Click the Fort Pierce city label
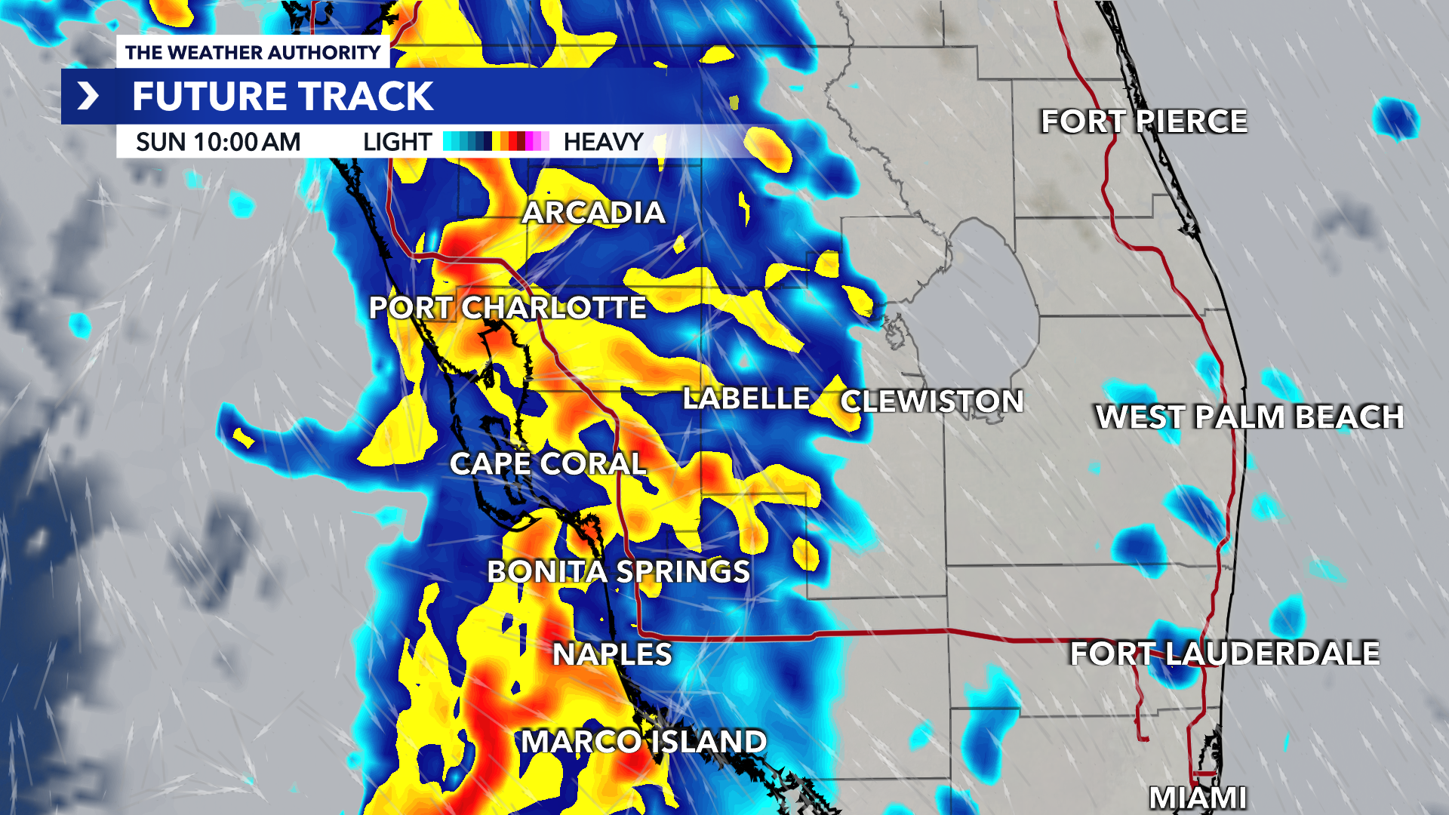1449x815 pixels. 1143,121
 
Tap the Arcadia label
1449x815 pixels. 594,213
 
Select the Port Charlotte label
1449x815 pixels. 507,308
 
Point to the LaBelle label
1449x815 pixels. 746,398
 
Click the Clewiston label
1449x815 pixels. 932,401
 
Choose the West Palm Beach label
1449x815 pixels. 1249,417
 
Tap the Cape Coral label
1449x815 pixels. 548,464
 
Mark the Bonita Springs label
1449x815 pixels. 618,572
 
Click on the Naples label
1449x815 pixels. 612,654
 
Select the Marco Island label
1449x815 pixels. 643,742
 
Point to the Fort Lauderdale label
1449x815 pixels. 1224,654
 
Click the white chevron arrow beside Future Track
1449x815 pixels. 88,96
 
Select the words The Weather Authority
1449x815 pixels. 253,53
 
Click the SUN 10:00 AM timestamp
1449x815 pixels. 218,142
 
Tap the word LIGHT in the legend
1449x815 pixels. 397,142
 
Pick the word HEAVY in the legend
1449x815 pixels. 603,142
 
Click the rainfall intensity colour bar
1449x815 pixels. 496,141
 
